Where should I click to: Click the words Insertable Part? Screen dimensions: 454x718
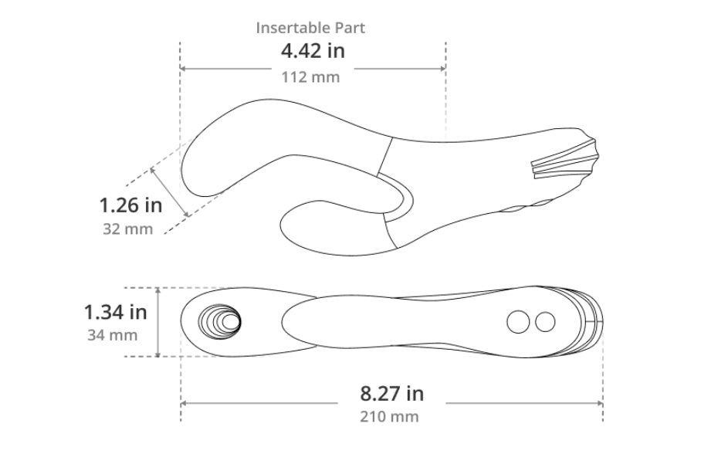(x=310, y=28)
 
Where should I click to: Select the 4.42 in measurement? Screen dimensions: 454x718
(x=312, y=52)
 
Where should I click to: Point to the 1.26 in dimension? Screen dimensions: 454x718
(x=130, y=206)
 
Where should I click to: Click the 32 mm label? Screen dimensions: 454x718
(x=127, y=229)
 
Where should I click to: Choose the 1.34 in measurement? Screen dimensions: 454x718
(x=115, y=312)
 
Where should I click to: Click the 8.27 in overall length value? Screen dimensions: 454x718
(x=391, y=393)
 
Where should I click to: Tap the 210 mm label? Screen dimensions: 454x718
(x=390, y=417)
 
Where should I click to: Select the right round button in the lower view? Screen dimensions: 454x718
(x=545, y=322)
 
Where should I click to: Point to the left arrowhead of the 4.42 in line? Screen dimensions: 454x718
(x=184, y=68)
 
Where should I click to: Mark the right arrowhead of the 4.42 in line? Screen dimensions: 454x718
(x=442, y=68)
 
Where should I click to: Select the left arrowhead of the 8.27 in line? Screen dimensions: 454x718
(x=185, y=402)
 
